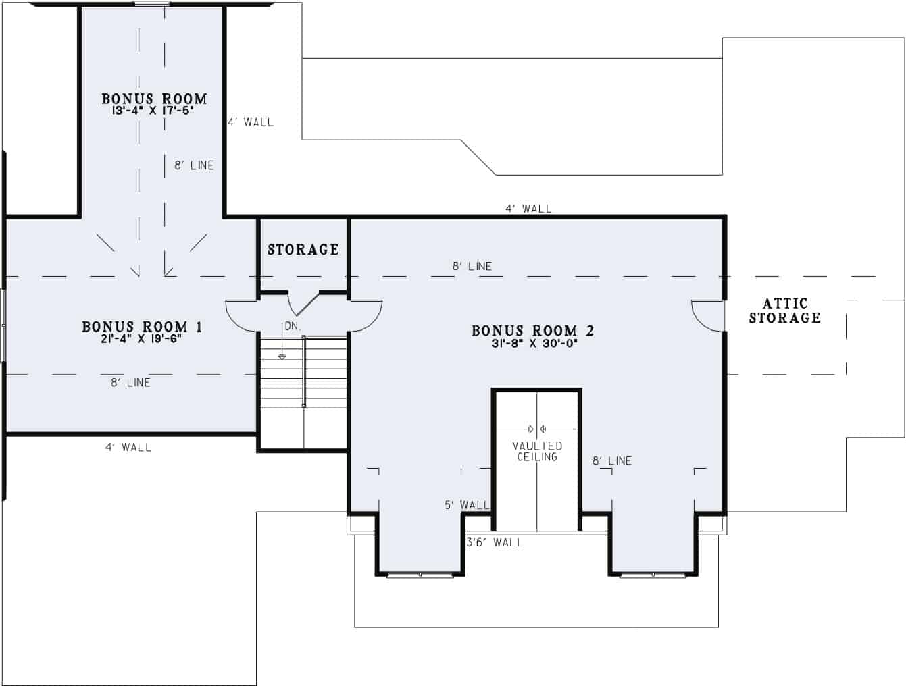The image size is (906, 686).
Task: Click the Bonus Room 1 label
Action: [142, 327]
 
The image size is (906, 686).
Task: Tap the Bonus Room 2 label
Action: [532, 331]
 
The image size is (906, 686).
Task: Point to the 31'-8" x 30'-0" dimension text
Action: [534, 343]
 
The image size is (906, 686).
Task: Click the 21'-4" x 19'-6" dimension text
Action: [141, 339]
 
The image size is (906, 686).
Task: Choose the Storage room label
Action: [303, 250]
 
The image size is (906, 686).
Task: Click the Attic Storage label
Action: [784, 311]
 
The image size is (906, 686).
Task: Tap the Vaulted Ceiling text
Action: [537, 451]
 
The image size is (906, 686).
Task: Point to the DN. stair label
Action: [292, 326]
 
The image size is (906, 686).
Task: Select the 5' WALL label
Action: [467, 504]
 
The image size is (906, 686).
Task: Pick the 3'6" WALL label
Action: [495, 542]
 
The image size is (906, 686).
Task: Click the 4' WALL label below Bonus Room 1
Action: [128, 447]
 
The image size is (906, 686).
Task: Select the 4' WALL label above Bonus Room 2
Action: [528, 209]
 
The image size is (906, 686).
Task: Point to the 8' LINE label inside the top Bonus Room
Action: [194, 165]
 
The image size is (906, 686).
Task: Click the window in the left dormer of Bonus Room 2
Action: [420, 575]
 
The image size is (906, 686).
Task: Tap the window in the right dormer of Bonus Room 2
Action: [653, 575]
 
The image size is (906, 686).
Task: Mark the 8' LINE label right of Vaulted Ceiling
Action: [612, 460]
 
